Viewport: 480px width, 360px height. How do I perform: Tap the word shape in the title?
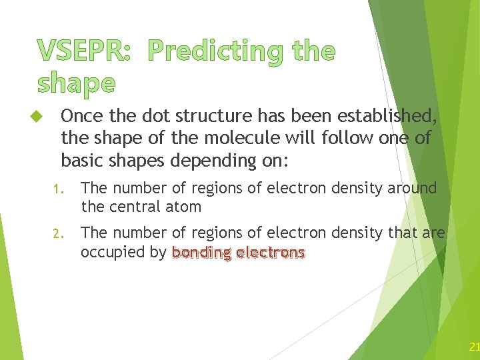[x=76, y=83]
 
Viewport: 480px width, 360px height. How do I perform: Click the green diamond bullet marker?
[x=37, y=117]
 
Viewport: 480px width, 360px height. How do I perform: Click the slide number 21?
[x=474, y=347]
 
